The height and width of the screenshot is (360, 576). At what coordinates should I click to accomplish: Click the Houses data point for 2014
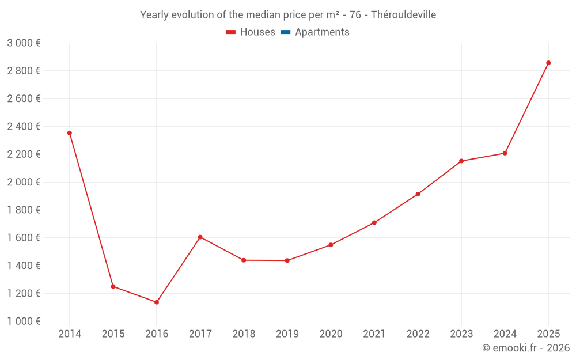(x=70, y=133)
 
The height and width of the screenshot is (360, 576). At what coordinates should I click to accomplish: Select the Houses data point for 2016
(x=157, y=302)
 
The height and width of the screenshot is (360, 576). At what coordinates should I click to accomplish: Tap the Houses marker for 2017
(x=200, y=237)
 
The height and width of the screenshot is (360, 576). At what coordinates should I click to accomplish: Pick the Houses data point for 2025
(x=548, y=63)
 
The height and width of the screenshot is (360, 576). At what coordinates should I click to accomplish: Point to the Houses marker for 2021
(x=374, y=222)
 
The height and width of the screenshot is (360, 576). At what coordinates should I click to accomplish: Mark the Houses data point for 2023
(x=461, y=161)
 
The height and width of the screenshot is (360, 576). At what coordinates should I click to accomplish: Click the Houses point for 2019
(x=287, y=260)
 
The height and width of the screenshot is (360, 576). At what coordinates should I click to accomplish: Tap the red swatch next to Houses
(x=231, y=32)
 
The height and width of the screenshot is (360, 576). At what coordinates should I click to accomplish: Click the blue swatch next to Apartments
(x=286, y=32)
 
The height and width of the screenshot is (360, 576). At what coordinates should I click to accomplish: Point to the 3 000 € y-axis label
(x=24, y=43)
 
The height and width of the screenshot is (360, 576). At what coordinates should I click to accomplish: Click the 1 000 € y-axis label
(x=24, y=321)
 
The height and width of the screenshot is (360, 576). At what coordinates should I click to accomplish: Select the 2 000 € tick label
(x=24, y=182)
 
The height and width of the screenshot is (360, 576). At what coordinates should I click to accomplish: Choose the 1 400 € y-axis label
(x=24, y=266)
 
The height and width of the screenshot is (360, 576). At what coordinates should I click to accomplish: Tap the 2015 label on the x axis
(x=113, y=334)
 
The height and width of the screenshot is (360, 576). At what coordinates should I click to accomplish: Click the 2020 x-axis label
(x=331, y=334)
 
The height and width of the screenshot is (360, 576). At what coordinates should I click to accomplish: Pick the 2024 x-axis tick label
(x=505, y=334)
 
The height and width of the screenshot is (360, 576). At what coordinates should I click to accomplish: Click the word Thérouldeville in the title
(x=403, y=15)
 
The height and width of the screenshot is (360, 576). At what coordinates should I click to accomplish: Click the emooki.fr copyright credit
(x=526, y=348)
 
